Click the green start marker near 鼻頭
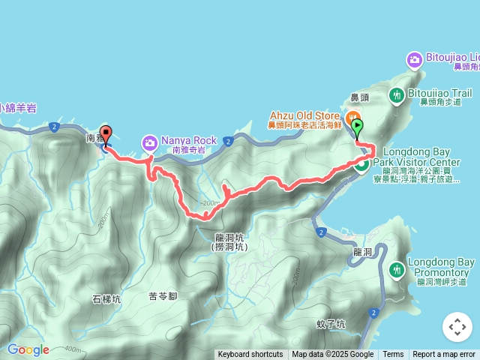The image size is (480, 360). click(x=358, y=127)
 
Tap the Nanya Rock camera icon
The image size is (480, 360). click(x=150, y=142)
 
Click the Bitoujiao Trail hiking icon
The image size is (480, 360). click(x=396, y=95)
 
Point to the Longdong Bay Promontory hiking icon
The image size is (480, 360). click(x=396, y=268)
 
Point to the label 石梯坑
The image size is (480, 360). click(x=106, y=298)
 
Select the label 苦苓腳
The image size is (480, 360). click(x=163, y=295)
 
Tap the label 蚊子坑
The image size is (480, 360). click(x=331, y=324)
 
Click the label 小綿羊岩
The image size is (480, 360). click(x=18, y=107)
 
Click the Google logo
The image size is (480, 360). click(x=28, y=349)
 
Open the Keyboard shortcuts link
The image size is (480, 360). click(x=250, y=355)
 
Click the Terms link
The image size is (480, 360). click(x=393, y=355)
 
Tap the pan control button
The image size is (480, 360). click(x=457, y=327)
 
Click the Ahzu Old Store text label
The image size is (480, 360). click(x=305, y=115)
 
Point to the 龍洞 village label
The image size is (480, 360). click(x=362, y=253)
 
